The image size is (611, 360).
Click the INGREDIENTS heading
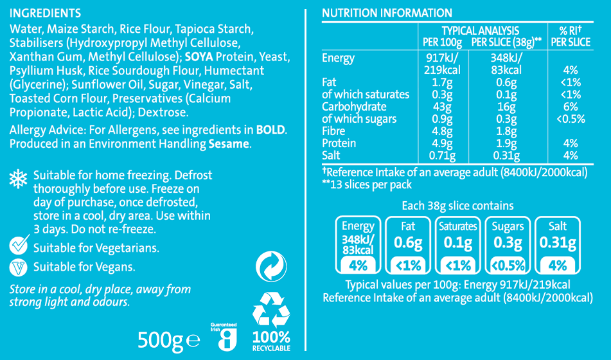pyautogui.click(x=46, y=14)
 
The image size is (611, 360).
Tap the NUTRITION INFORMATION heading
pyautogui.click(x=387, y=14)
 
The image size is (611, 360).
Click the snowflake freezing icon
pyautogui.click(x=17, y=179)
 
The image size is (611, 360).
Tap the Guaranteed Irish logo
pyautogui.click(x=224, y=337)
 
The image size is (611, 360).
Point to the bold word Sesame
pyautogui.click(x=229, y=144)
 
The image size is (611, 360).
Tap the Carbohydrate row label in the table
pyautogui.click(x=354, y=107)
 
